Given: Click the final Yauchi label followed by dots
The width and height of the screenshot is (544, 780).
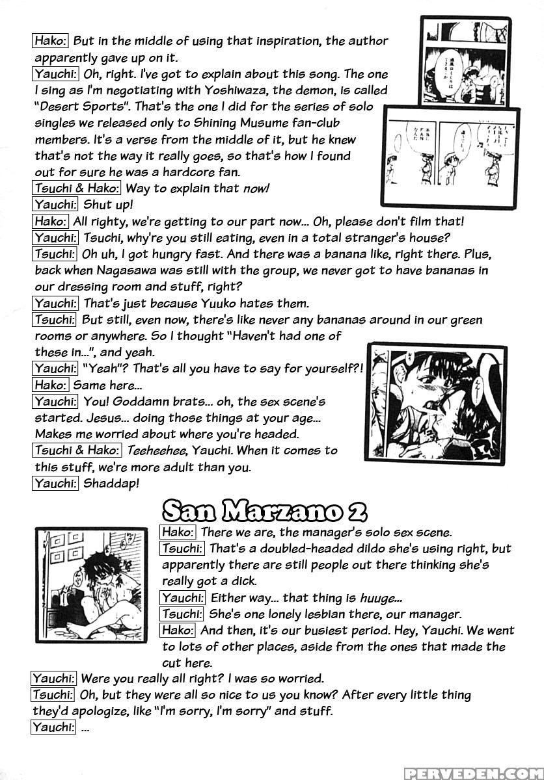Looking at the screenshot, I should point(53,727).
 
